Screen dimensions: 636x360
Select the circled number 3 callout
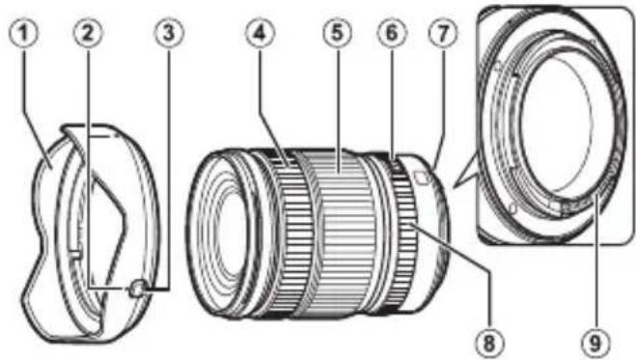point(170,33)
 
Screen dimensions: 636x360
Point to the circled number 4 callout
point(258,33)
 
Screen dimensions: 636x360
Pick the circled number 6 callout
point(392,33)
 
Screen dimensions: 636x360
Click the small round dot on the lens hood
point(137,287)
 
